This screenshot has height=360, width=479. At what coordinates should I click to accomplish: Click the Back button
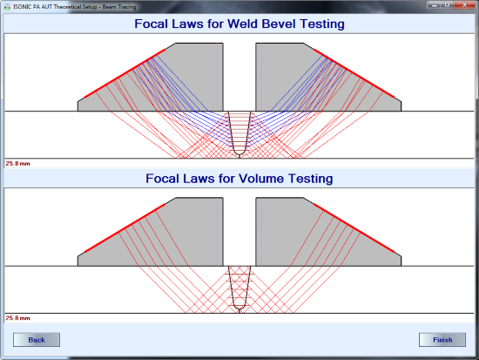click(37, 340)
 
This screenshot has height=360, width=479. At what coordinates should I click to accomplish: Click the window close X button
click(464, 5)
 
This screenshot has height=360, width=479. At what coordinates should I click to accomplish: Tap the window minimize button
click(434, 5)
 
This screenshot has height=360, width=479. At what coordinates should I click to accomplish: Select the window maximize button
click(448, 5)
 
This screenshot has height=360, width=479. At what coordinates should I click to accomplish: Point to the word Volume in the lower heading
click(261, 179)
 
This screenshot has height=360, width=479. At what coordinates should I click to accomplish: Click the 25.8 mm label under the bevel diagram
click(17, 164)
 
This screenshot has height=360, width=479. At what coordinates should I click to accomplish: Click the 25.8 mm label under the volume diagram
click(17, 318)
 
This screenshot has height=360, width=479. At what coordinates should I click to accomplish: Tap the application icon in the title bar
click(7, 7)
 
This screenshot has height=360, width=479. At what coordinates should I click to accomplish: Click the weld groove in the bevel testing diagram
click(239, 133)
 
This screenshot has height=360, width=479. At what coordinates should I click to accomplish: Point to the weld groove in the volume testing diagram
click(239, 289)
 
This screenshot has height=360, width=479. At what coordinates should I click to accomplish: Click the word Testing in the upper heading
click(322, 24)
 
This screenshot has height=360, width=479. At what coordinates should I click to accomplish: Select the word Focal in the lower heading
click(162, 179)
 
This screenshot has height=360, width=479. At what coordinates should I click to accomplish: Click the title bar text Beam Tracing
click(119, 7)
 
